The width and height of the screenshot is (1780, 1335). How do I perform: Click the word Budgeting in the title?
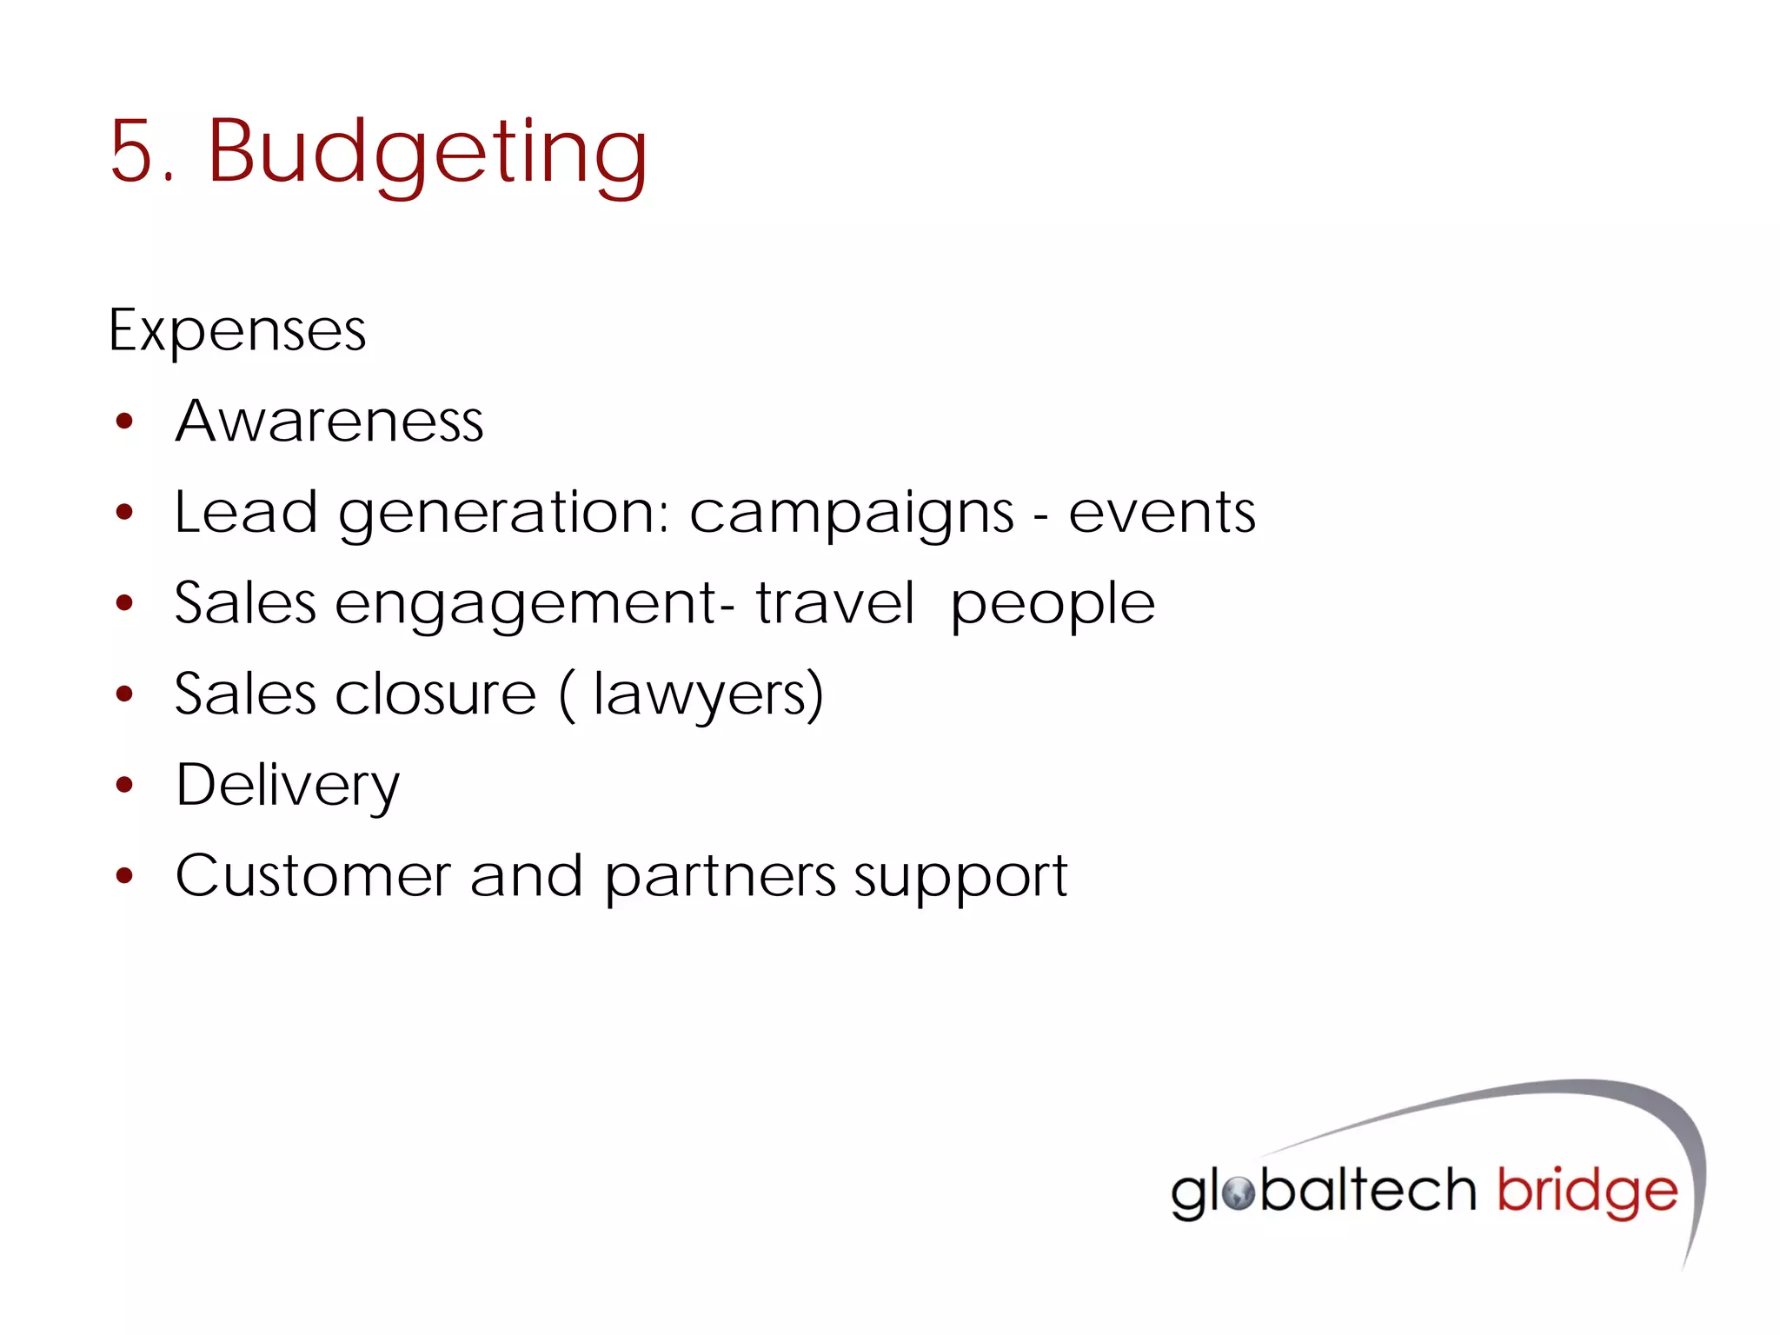[428, 153]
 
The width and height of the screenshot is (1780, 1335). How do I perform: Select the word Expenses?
[237, 331]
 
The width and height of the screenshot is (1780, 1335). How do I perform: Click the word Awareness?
[329, 422]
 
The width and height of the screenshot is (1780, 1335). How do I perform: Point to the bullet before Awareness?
[125, 422]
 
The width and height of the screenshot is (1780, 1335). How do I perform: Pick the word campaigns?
[851, 514]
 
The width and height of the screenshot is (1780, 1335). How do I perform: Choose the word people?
[1053, 605]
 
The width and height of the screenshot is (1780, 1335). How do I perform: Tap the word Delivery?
[288, 786]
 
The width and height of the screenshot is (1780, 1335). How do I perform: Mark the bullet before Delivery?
[125, 786]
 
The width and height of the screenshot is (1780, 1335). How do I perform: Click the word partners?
[720, 878]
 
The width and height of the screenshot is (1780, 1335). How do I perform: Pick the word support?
[960, 878]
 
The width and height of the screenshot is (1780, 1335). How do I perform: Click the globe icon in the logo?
[1238, 1192]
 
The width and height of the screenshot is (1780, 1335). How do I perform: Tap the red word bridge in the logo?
[1586, 1192]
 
